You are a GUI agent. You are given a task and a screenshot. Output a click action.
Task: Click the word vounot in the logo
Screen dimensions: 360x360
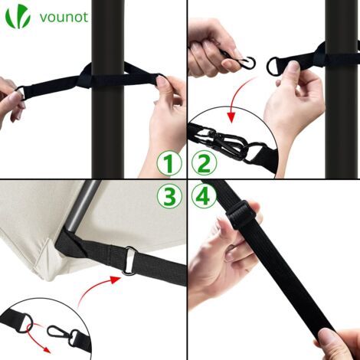(64, 17)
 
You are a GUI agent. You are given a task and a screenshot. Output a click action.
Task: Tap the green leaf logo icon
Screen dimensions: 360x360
(18, 16)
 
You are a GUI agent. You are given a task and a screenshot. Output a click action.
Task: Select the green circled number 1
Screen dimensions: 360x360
(169, 163)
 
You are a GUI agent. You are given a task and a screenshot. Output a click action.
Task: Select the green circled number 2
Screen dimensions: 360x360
(204, 163)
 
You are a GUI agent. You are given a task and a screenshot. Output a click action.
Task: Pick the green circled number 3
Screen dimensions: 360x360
(169, 196)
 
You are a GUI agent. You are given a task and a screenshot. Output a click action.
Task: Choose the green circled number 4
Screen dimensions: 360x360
(204, 196)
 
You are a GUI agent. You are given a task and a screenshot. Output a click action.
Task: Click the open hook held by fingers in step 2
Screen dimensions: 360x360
(247, 63)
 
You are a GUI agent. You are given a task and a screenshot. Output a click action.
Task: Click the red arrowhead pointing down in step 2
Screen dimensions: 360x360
(231, 116)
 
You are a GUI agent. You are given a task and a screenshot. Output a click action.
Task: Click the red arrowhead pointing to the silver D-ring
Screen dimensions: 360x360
(116, 280)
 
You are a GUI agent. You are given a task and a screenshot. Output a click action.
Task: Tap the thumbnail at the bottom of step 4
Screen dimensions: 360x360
(326, 336)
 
